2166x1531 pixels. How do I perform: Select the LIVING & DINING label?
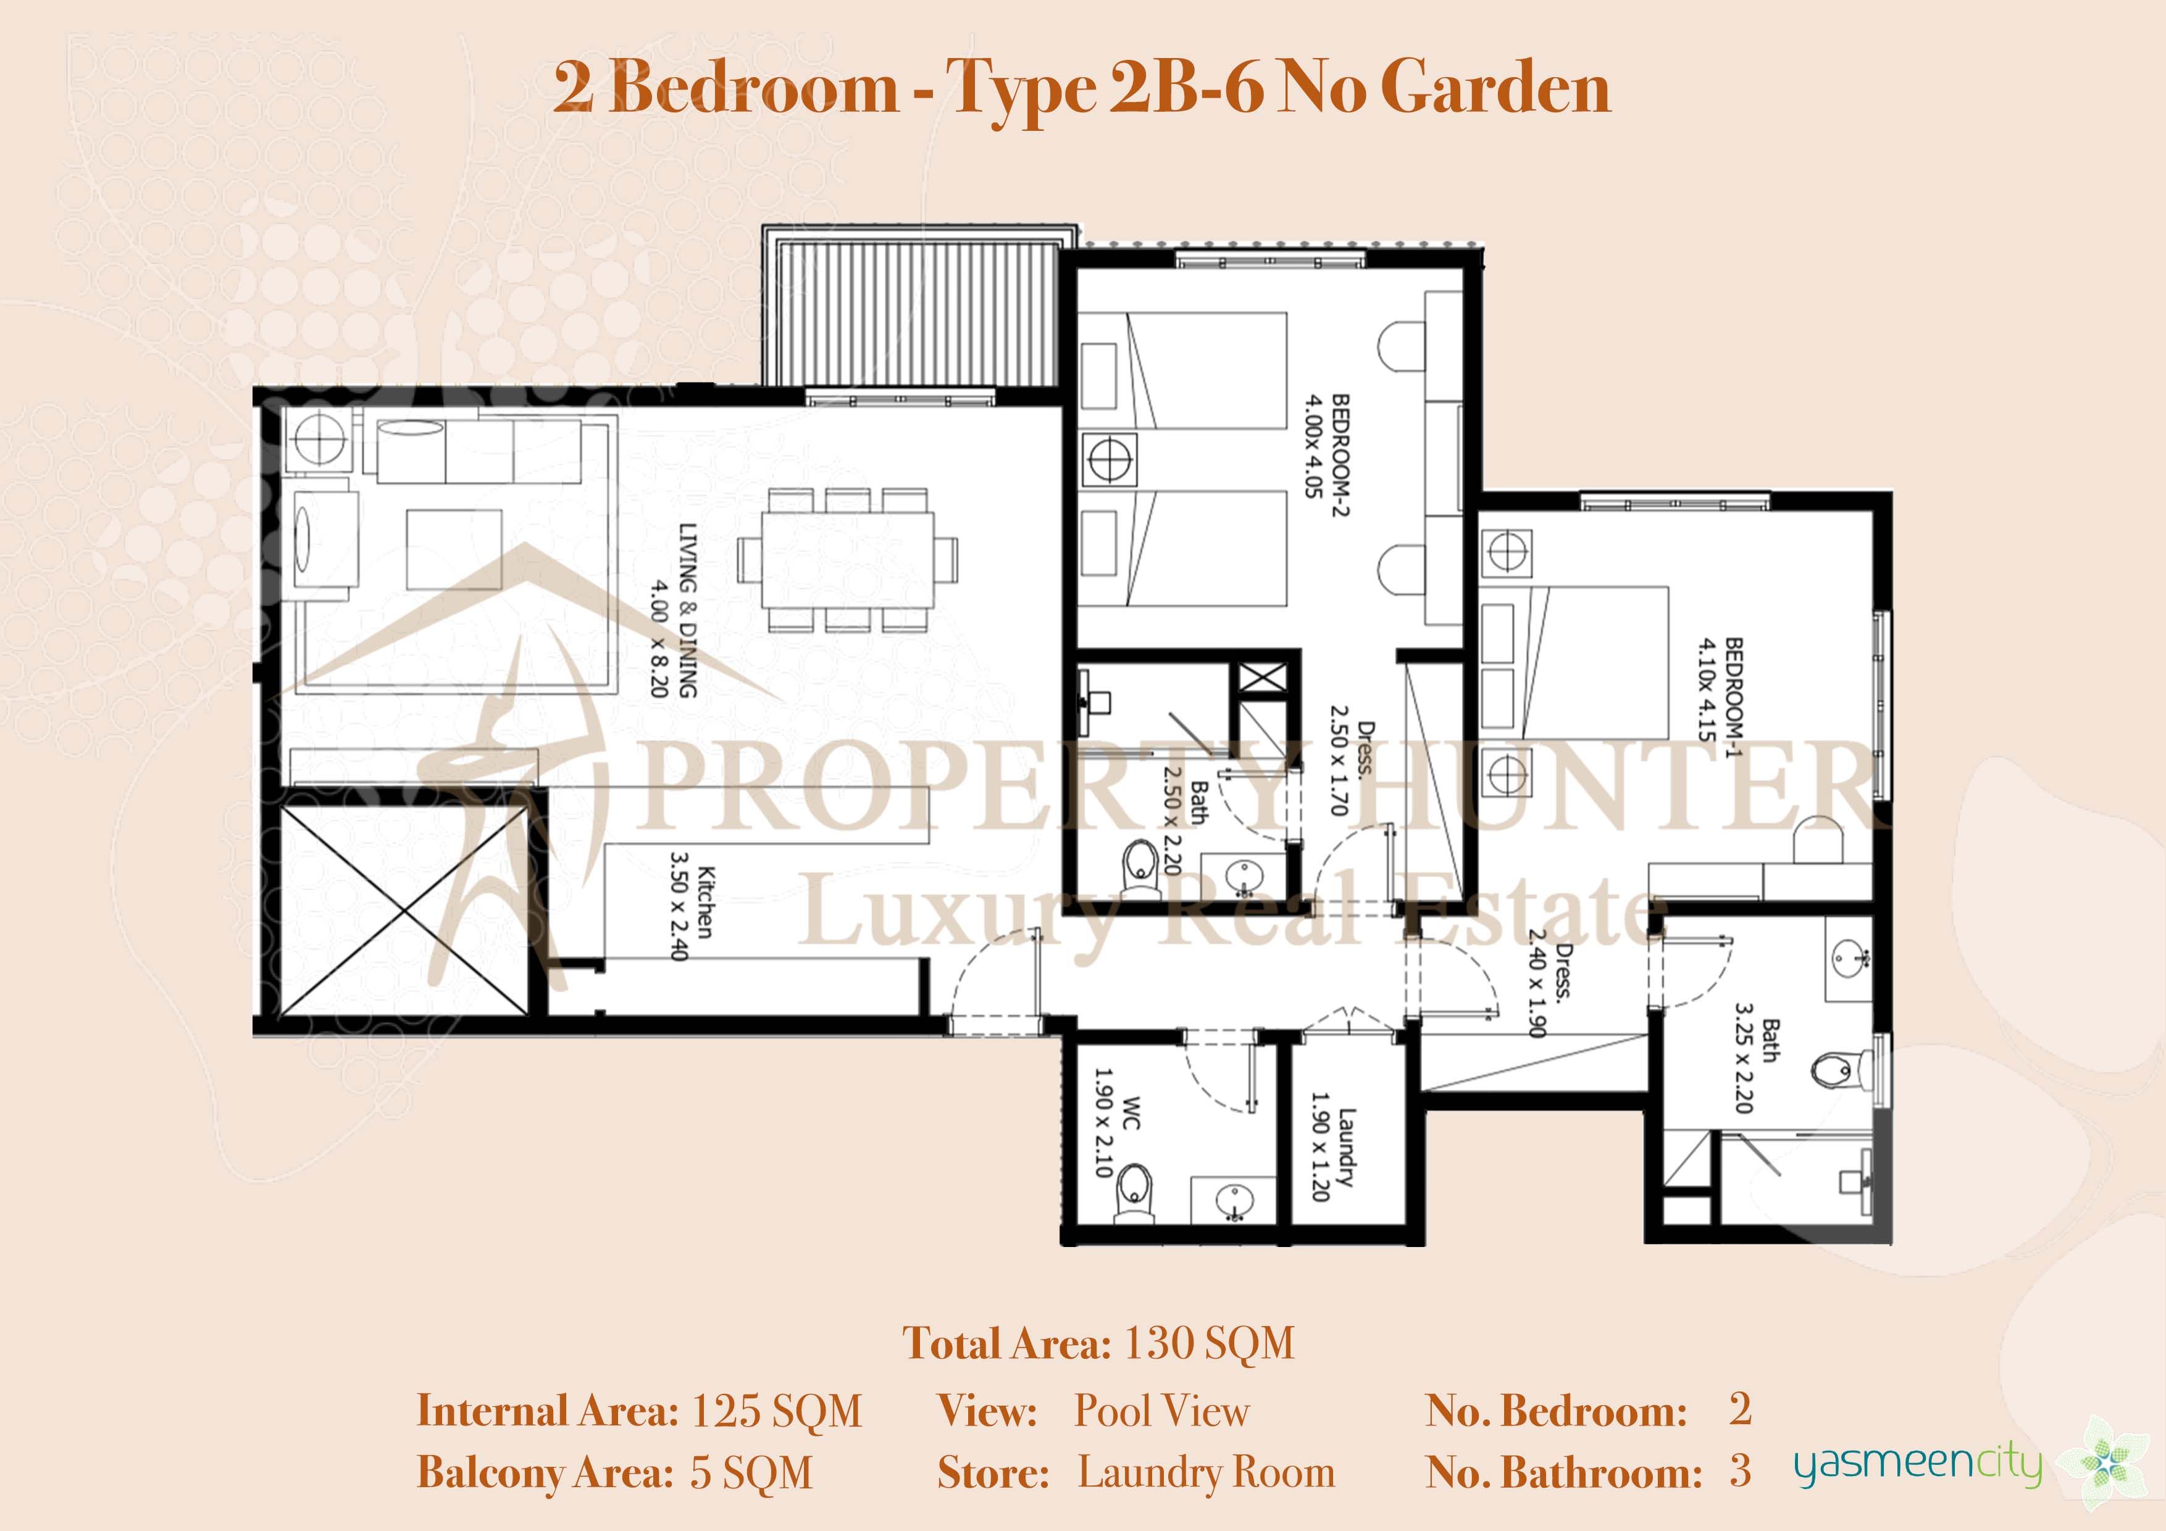688,611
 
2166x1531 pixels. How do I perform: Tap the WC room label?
1132,1114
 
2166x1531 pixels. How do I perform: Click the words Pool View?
1161,1411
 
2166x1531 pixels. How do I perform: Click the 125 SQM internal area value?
776,1412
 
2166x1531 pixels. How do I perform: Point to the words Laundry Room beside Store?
1206,1472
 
